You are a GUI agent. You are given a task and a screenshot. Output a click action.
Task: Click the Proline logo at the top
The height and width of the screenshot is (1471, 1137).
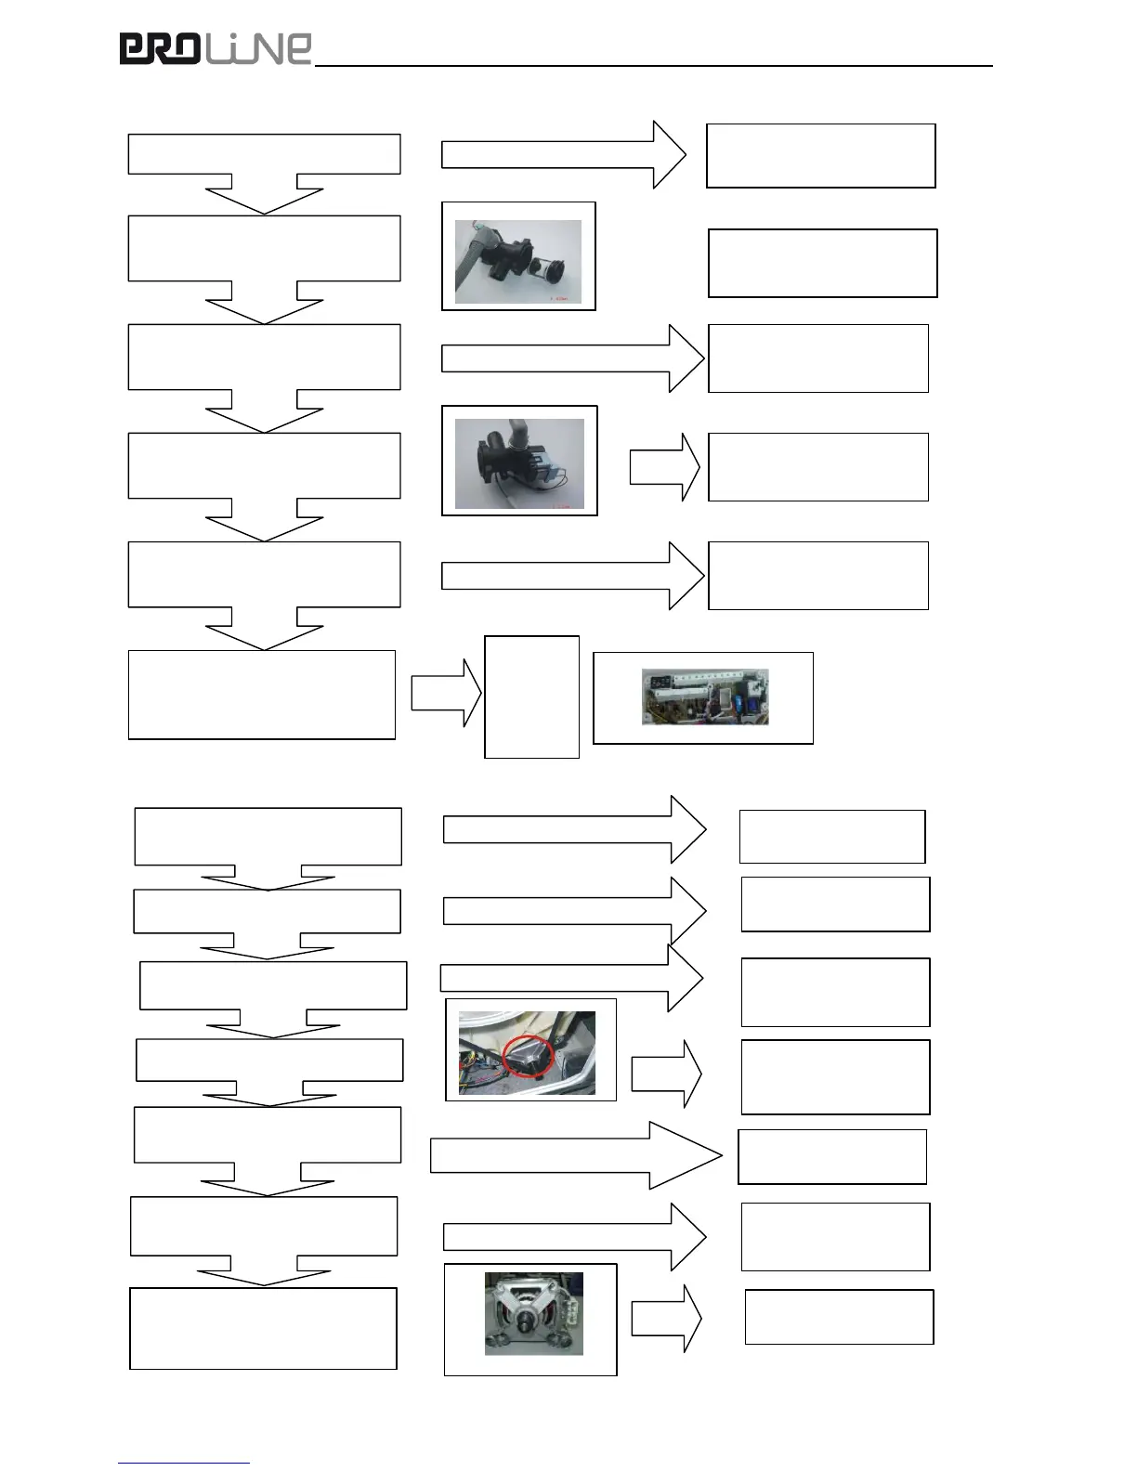coord(216,48)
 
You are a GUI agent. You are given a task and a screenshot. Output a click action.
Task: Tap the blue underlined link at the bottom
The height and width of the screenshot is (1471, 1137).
coord(183,1463)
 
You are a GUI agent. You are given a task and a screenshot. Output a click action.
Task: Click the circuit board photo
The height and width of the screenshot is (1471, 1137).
coord(705,697)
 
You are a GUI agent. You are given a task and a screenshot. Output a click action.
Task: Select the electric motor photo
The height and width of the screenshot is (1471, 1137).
coord(533,1313)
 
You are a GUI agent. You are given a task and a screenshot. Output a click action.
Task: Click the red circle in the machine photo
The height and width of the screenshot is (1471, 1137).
coord(528,1056)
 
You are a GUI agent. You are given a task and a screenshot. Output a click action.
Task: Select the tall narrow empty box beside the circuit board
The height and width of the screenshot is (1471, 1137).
coord(531,696)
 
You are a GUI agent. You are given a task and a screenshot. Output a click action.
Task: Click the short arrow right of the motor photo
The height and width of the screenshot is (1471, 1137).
coord(666,1319)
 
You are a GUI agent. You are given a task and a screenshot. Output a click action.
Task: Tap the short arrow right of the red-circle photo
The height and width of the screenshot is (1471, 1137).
coord(666,1074)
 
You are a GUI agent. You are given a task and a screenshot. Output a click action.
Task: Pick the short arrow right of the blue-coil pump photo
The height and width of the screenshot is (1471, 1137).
coord(664,467)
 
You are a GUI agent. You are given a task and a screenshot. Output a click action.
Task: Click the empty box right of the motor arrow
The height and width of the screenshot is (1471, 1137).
coord(839,1317)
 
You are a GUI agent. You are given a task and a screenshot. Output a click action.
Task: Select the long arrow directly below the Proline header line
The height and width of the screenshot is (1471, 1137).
coord(563,154)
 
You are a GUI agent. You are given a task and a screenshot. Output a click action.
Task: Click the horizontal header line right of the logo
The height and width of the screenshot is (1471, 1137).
coord(654,66)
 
